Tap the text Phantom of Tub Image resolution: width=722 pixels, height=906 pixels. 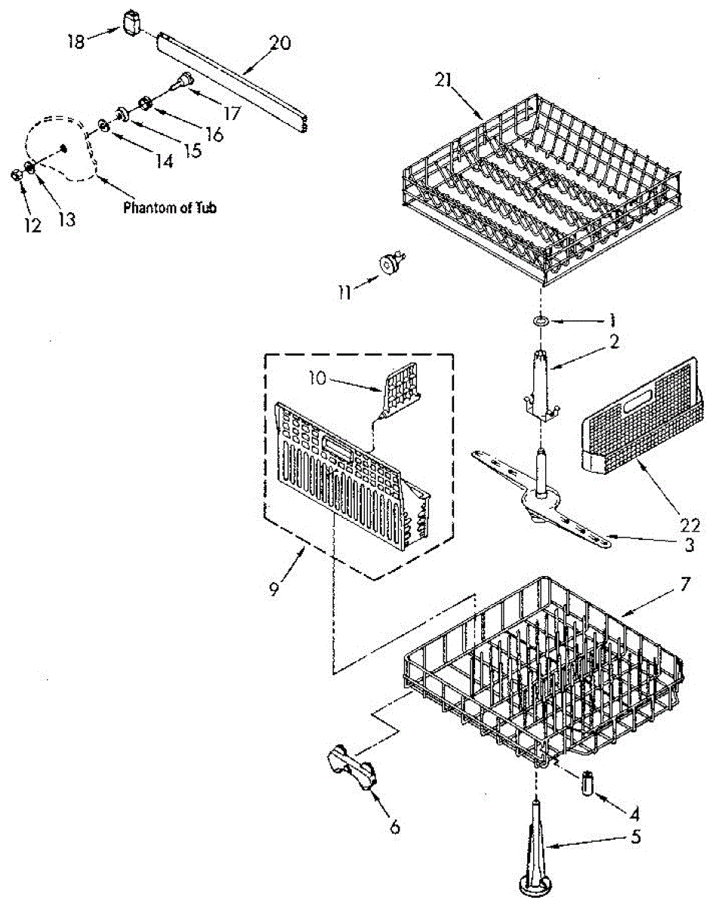coord(170,208)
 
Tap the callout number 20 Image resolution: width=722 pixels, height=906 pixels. coord(279,44)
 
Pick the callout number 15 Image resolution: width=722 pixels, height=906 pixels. coord(193,150)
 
